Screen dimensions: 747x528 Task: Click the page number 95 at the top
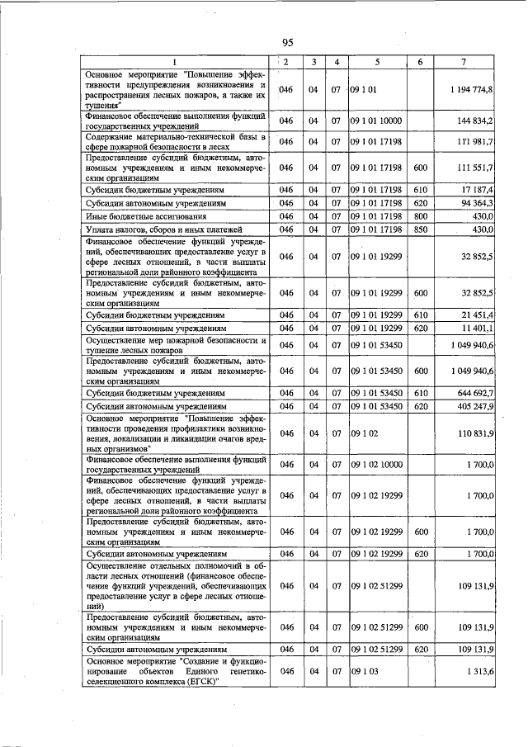point(287,43)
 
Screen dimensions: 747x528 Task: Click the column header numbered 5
point(376,63)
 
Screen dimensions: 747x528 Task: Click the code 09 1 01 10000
point(375,121)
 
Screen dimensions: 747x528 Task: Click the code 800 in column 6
point(420,215)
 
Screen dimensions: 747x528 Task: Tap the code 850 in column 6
point(420,229)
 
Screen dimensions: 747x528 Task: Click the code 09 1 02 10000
point(375,465)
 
